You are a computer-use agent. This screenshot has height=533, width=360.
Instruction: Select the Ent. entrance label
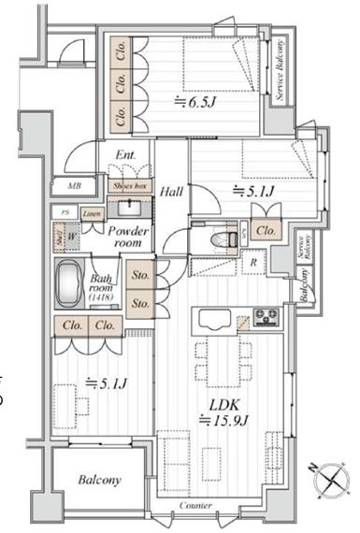(x=125, y=156)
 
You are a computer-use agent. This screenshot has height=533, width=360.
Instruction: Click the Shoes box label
(x=128, y=185)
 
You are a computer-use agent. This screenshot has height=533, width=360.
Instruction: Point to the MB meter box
(x=74, y=186)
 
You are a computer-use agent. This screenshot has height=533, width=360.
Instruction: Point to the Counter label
(x=195, y=506)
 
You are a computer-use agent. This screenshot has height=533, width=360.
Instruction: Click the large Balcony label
(x=98, y=480)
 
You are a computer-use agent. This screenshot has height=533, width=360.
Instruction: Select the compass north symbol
(x=332, y=480)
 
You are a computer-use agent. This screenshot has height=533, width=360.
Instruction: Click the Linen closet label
(x=92, y=214)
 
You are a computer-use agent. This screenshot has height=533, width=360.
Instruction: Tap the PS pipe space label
(x=65, y=213)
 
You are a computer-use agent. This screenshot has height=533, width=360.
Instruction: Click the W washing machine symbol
(x=71, y=238)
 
